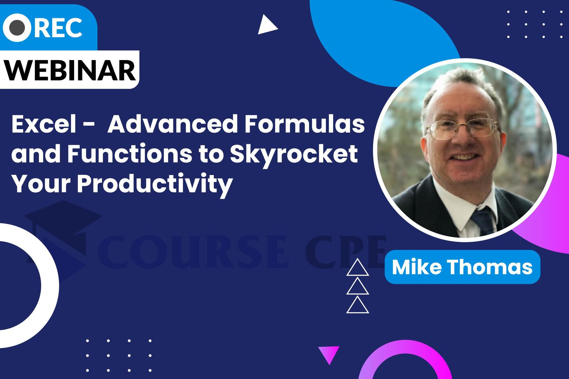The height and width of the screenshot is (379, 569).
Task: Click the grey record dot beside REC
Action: pyautogui.click(x=17, y=28)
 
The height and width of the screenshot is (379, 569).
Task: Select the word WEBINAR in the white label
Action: pyautogui.click(x=70, y=70)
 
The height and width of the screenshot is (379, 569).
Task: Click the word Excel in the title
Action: pyautogui.click(x=44, y=124)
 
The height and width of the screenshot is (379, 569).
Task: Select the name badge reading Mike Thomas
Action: pyautogui.click(x=462, y=267)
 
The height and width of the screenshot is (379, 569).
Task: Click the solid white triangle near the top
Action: pyautogui.click(x=266, y=25)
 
